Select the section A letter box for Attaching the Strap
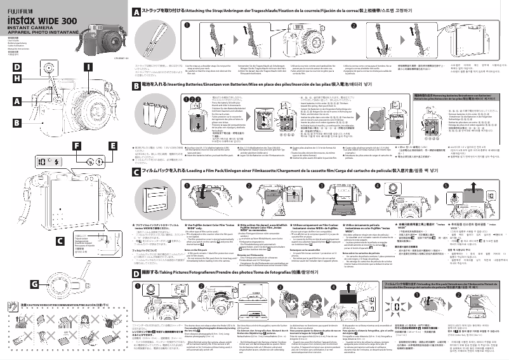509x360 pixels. tap(136, 12)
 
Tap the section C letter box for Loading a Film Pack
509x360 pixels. tap(136, 171)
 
